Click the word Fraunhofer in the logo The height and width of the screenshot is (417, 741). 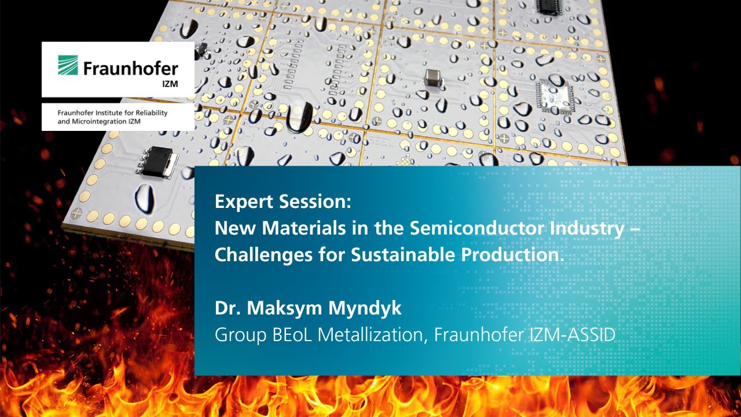point(130,69)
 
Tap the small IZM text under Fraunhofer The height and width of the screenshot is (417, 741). point(170,83)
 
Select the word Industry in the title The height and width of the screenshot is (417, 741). point(595,228)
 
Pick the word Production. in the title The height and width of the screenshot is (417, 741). point(515,255)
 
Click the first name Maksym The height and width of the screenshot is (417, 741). point(277,308)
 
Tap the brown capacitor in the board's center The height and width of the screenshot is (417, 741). point(432,78)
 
